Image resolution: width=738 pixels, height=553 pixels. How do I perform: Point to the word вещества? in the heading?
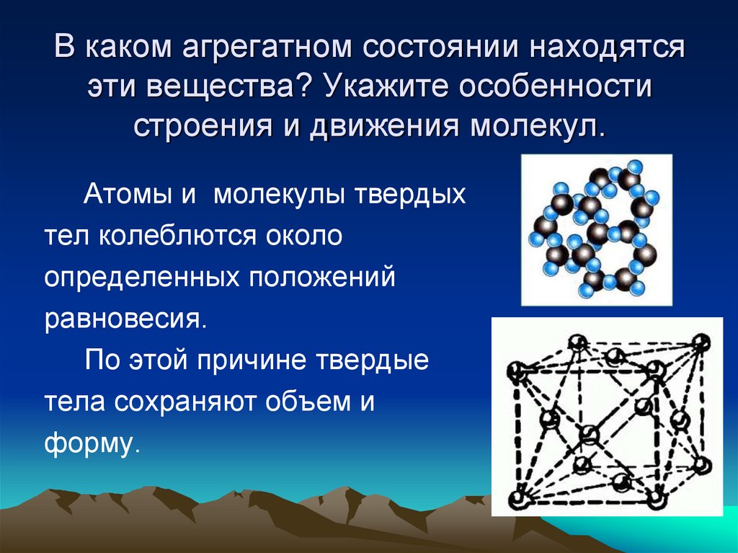click(x=232, y=89)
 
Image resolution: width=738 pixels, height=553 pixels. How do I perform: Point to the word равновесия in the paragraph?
click(x=124, y=319)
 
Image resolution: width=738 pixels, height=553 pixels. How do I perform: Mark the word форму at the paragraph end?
click(x=88, y=443)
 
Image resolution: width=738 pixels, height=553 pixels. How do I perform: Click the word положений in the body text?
click(x=323, y=278)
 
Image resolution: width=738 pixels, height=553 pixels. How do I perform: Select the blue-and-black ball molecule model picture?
click(x=596, y=229)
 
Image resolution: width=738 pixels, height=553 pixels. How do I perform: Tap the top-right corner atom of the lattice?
click(x=699, y=341)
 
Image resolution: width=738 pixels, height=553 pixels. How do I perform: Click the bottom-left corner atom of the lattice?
click(x=515, y=497)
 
